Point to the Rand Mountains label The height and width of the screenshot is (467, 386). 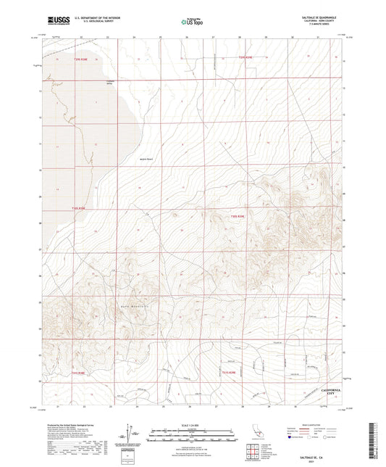[x=127, y=308]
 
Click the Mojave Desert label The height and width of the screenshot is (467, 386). [x=146, y=160]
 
